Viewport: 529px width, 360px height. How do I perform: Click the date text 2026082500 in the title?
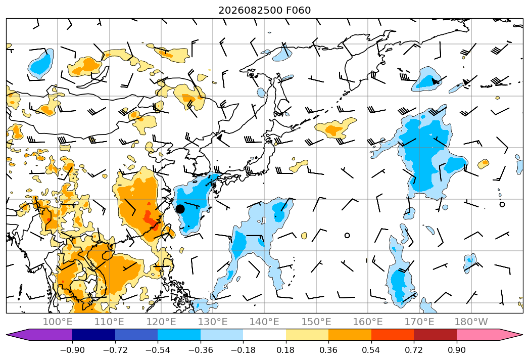[251, 10]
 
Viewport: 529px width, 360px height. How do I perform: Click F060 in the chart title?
[299, 10]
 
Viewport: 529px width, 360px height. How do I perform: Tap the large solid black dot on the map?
[180, 209]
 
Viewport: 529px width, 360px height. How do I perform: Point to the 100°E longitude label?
[58, 322]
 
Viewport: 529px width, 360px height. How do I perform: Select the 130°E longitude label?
[213, 322]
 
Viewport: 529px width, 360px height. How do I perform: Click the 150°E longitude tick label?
[316, 322]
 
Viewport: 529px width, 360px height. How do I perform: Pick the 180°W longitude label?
[471, 322]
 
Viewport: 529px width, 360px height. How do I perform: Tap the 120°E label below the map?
[161, 322]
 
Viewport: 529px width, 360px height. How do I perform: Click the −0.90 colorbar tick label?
[72, 350]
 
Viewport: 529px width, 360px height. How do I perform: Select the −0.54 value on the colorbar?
[158, 350]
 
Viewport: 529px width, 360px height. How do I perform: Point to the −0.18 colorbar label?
[243, 350]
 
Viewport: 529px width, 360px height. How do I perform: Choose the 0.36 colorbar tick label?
[328, 350]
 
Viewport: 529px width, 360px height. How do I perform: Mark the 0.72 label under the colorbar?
[414, 350]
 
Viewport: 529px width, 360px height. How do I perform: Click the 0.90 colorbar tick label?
[456, 350]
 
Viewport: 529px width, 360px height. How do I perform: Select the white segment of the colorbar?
[265, 335]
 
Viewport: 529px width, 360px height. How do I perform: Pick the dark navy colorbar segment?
[94, 335]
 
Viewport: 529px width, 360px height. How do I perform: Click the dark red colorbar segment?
[435, 335]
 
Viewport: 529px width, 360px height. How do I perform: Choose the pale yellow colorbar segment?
[307, 335]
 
